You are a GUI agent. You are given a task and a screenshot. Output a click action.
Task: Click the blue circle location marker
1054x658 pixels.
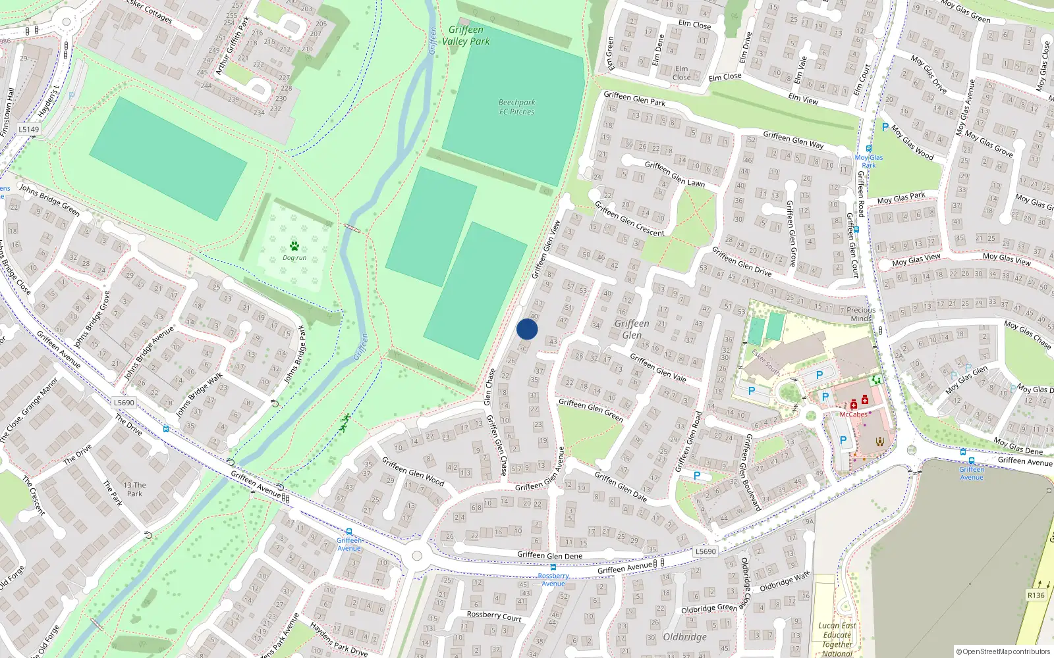click(527, 330)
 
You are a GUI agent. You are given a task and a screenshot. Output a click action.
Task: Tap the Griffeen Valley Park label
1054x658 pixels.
click(466, 36)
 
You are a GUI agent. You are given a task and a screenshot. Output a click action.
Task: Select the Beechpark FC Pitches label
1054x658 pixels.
click(516, 107)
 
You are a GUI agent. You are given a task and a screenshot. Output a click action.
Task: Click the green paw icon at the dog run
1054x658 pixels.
click(294, 246)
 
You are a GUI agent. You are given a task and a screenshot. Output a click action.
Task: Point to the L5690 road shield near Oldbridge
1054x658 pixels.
click(706, 551)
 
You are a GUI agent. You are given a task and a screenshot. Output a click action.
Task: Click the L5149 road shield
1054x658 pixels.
click(29, 130)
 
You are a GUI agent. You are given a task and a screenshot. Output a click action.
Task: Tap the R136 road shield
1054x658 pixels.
click(1036, 595)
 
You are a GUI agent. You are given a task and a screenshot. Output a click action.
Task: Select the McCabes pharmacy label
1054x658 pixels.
click(853, 415)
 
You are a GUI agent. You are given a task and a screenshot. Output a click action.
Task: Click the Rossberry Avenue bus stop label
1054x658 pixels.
click(553, 580)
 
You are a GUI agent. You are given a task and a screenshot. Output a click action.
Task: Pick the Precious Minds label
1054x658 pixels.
click(861, 314)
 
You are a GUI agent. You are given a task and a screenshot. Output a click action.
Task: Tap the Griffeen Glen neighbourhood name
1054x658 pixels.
click(632, 329)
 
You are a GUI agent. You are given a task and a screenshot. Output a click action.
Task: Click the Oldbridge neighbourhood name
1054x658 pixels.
click(684, 637)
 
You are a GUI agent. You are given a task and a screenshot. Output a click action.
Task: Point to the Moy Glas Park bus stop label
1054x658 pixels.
click(869, 161)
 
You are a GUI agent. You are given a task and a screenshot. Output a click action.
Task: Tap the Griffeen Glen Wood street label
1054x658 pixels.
click(413, 472)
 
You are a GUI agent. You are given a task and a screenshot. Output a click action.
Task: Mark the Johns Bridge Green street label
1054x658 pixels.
click(49, 199)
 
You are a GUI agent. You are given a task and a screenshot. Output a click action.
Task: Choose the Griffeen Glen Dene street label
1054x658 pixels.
click(549, 555)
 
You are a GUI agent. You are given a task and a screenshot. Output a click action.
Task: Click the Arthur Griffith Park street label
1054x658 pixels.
click(233, 45)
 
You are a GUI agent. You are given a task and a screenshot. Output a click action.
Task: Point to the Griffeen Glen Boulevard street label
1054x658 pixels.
click(753, 472)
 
